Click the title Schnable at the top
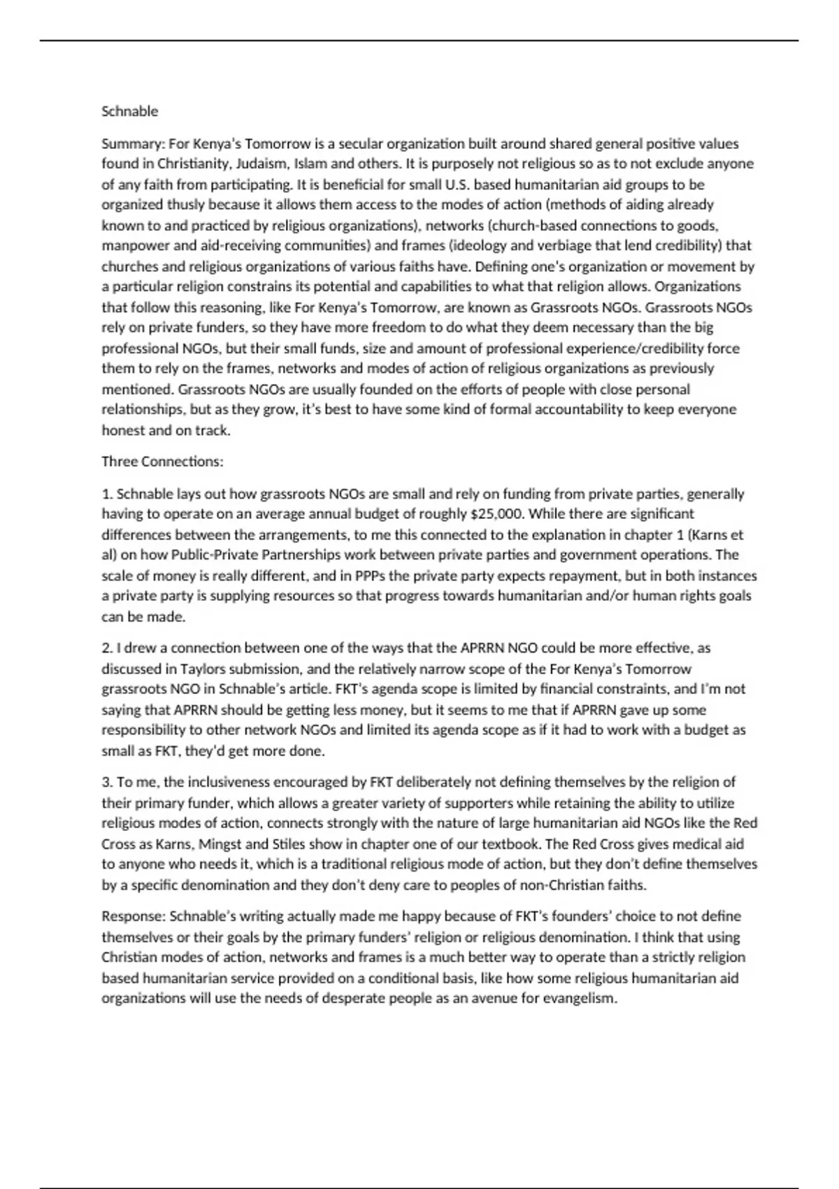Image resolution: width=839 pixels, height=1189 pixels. coord(130,111)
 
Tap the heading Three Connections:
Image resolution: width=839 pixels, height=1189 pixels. coord(162,462)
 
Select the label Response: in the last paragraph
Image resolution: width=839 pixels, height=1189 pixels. coord(133,916)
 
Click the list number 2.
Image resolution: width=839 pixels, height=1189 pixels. coord(107,648)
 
